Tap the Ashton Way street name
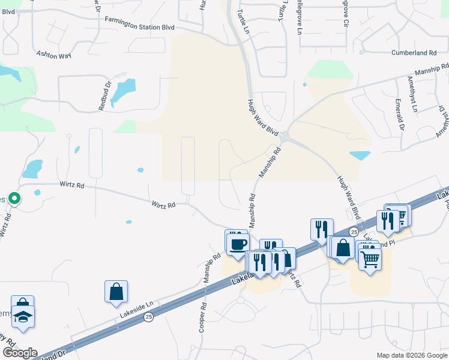(x=53, y=55)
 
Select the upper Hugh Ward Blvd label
(x=264, y=117)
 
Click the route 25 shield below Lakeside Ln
(x=148, y=317)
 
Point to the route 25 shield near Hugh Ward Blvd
(x=354, y=232)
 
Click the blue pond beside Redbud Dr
(x=122, y=92)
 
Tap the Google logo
(x=19, y=353)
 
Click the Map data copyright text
(x=411, y=355)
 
